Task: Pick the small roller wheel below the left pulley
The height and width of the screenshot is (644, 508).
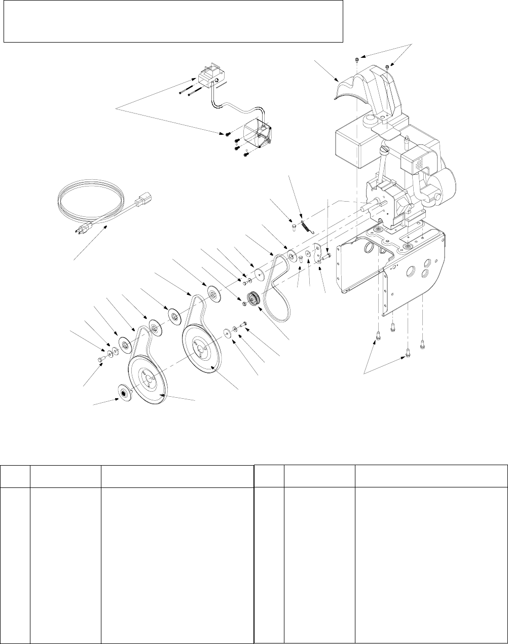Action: (x=123, y=393)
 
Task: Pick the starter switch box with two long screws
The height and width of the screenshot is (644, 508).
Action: (x=206, y=81)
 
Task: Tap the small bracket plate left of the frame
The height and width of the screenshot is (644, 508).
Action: (x=318, y=254)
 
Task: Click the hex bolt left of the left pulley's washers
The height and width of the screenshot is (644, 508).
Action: (x=100, y=359)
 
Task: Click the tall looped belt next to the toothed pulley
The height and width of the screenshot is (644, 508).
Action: (x=278, y=284)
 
